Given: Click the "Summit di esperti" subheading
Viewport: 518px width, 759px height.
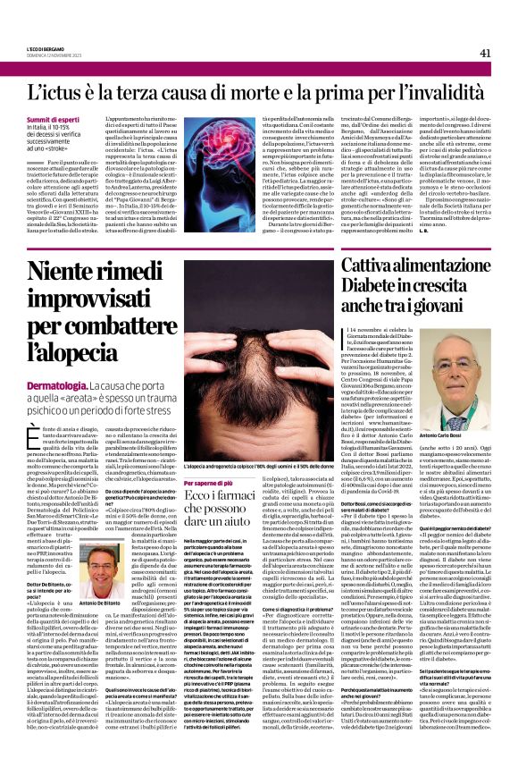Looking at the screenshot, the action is coord(51,120).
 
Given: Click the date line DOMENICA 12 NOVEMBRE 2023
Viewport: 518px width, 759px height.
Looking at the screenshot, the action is coord(54,56).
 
